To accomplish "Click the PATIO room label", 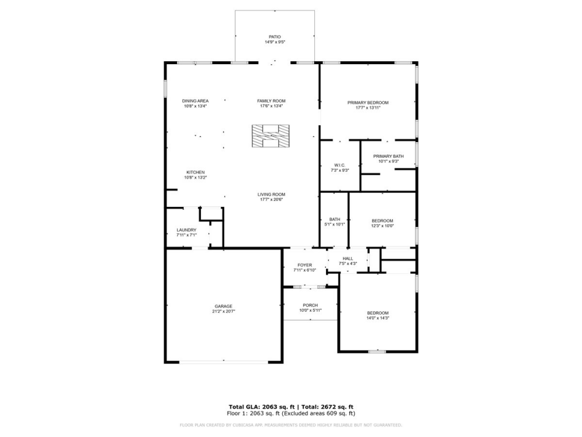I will (x=275, y=37).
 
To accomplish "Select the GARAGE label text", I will (x=223, y=306).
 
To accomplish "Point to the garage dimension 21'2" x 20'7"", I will (x=223, y=312).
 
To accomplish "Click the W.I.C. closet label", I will (x=340, y=165).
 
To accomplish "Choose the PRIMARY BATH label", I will (x=388, y=156).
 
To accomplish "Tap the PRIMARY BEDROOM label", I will (x=368, y=103).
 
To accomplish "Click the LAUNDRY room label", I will (x=186, y=230).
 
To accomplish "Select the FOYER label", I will (x=304, y=265).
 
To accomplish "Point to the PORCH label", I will (x=310, y=305).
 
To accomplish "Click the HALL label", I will (x=347, y=259).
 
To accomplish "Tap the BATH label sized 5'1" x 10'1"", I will (x=335, y=219).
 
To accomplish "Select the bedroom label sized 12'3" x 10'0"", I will (x=382, y=220).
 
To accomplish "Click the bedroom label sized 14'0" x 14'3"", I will (x=377, y=313).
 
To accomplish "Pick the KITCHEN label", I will (x=195, y=172).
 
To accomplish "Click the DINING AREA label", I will (x=195, y=101).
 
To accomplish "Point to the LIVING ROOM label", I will (x=271, y=195).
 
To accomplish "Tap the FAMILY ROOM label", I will (x=271, y=101).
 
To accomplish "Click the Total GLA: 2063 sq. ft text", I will (x=262, y=407).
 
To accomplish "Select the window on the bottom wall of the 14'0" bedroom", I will (x=377, y=351).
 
